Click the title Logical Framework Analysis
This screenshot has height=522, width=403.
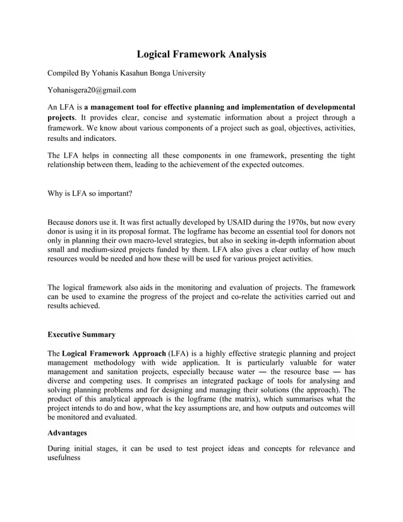[x=201, y=54]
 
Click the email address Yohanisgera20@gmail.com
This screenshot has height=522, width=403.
[x=92, y=90]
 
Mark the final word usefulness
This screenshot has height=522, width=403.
[x=64, y=459]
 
